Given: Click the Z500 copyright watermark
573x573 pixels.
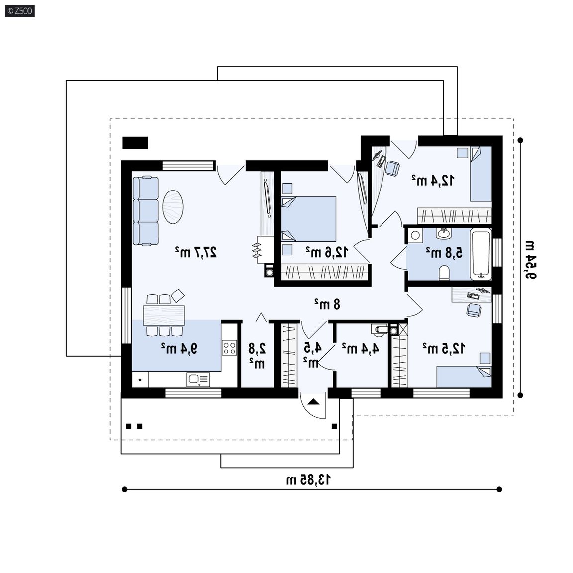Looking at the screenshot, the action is (20, 11).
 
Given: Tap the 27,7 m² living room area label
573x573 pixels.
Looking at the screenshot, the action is (196, 252).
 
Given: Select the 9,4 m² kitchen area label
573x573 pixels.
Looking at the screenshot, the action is (180, 348).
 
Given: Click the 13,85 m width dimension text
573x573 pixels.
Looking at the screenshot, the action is (308, 479).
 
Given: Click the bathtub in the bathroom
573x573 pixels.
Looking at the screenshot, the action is (480, 254).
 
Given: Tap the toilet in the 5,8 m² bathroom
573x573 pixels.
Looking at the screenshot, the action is (444, 273).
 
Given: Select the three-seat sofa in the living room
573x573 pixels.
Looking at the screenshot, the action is (145, 210).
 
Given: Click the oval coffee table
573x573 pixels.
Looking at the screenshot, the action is (173, 206).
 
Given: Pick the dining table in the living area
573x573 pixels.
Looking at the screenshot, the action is (164, 315).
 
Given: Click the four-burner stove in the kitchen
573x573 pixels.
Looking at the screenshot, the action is (229, 348).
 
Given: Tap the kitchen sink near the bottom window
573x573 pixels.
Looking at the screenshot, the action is (198, 380).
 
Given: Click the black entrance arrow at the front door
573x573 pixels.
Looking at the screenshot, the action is (313, 402).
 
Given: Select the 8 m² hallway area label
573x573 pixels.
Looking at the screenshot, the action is (327, 304).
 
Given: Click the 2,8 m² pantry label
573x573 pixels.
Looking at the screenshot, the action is (257, 355).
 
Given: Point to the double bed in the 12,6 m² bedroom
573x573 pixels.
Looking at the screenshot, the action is (308, 219).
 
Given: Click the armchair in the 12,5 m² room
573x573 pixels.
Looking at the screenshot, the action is (474, 310).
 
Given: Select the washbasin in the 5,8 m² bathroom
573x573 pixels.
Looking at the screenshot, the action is (444, 233).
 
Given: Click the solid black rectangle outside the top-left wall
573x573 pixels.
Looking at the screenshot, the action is (135, 143).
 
